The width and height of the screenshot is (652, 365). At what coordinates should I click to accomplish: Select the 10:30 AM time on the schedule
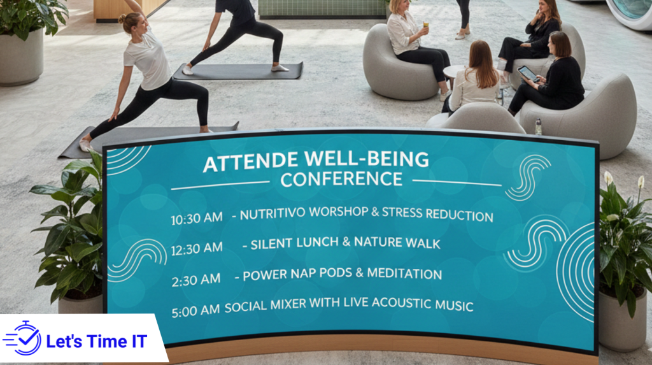point(196,219)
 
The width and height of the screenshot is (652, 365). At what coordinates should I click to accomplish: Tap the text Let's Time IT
point(96,341)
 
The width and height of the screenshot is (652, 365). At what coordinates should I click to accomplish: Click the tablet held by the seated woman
point(527,73)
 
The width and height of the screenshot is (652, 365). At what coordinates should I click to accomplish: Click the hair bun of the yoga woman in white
point(122,18)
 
